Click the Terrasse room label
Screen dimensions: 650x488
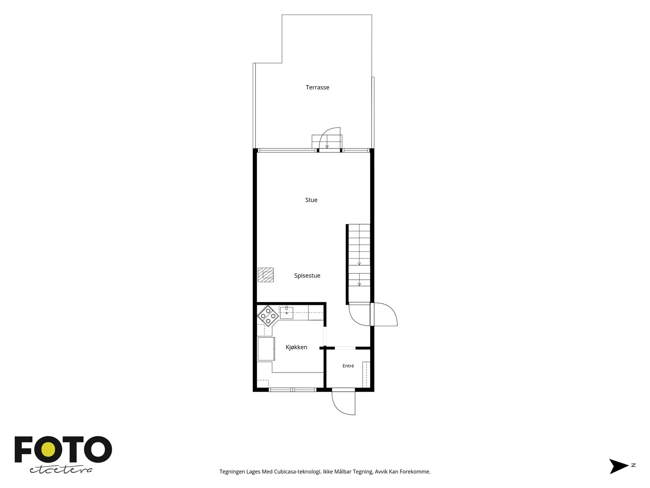317,87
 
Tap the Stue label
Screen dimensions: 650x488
311,200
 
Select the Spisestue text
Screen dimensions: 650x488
307,276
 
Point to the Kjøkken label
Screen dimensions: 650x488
296,347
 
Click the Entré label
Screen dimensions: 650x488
348,366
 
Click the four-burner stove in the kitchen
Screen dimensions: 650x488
268,316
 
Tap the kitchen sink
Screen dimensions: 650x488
286,313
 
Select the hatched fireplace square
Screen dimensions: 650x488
265,275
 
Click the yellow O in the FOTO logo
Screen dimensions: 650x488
48,450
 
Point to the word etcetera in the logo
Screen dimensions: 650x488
61,470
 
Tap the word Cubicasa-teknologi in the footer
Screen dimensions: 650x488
297,472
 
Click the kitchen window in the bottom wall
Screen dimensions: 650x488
292,390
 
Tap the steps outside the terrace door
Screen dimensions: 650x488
327,142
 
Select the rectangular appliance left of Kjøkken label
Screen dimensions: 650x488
266,349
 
